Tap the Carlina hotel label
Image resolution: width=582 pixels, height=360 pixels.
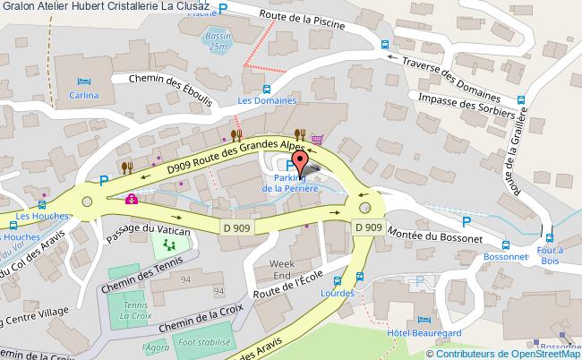tap(84, 93)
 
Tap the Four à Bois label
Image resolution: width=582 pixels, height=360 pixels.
tap(548, 256)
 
